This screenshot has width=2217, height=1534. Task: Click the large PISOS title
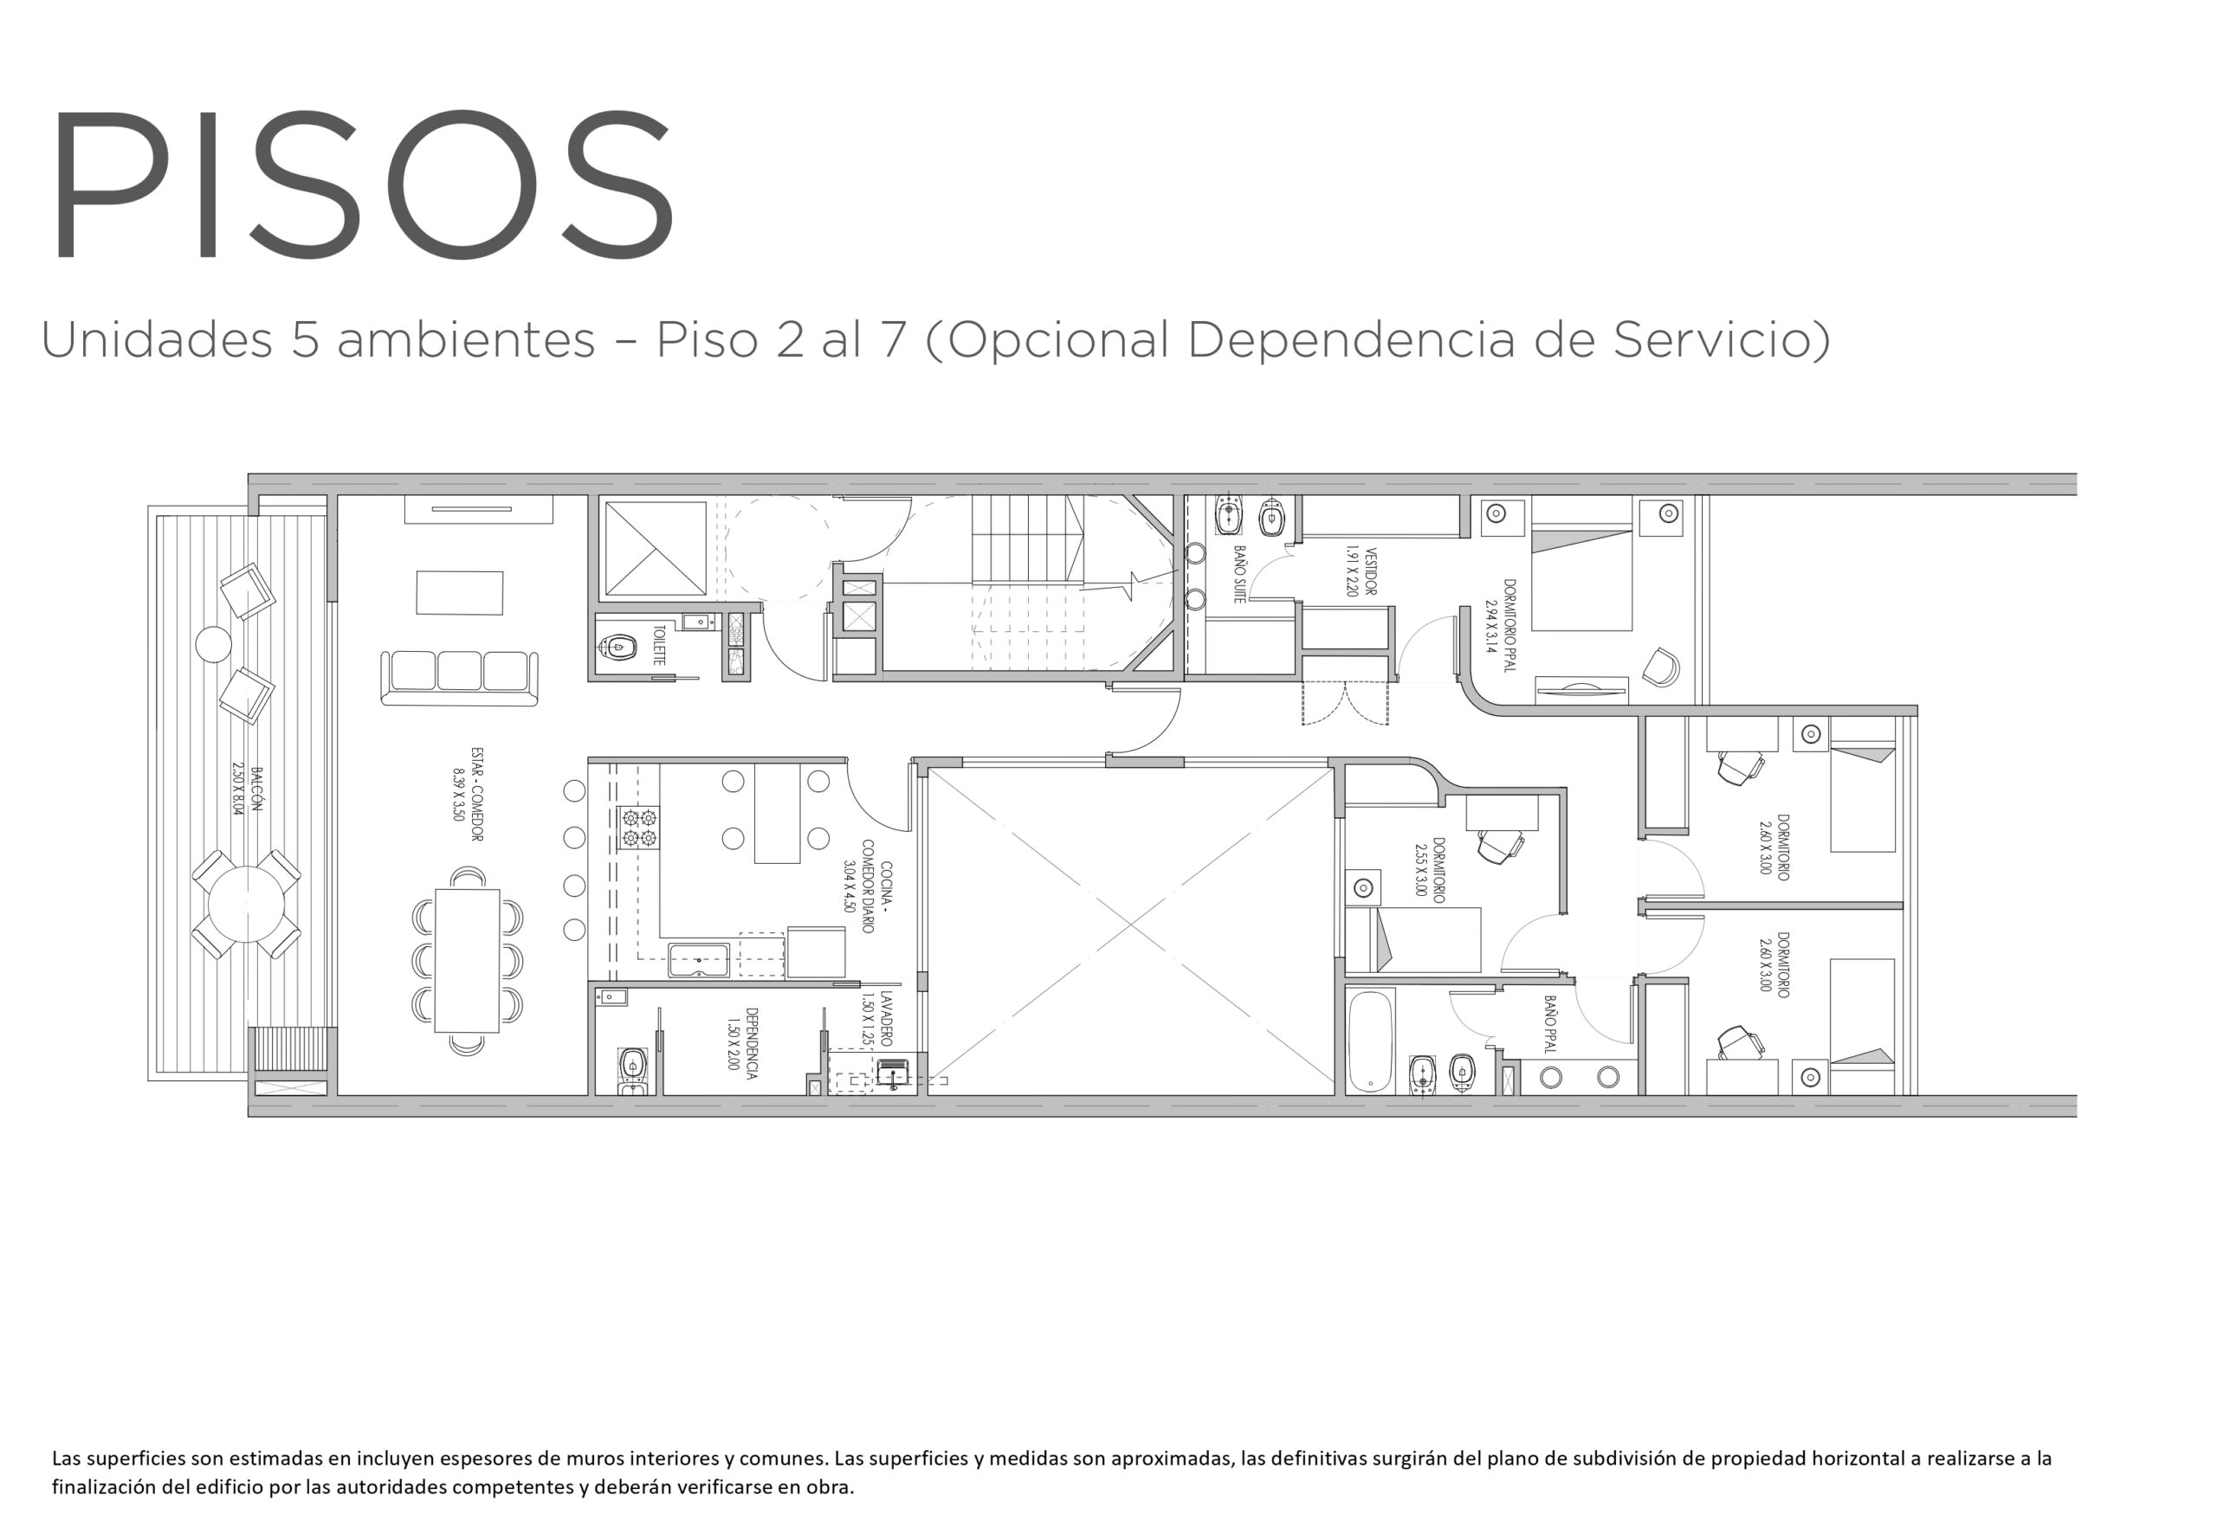[363, 183]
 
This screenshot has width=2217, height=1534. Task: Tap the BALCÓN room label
[246, 790]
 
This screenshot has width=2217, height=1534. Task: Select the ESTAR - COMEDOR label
[468, 794]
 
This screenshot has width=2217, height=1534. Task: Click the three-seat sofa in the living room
[460, 677]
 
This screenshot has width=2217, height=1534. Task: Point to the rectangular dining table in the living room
[468, 960]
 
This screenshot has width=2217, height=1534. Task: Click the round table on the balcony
[246, 904]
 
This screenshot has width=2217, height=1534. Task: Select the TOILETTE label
[660, 645]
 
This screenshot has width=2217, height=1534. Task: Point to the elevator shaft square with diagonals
[655, 548]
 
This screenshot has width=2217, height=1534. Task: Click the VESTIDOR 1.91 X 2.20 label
[1361, 572]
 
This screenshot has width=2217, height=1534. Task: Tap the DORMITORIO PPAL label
[1500, 625]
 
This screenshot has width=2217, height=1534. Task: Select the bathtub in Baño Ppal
[1370, 1043]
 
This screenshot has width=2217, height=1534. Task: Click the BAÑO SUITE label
[1239, 574]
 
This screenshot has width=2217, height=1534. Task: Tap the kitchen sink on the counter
[699, 960]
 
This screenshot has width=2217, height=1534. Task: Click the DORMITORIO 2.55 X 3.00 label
[1430, 870]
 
